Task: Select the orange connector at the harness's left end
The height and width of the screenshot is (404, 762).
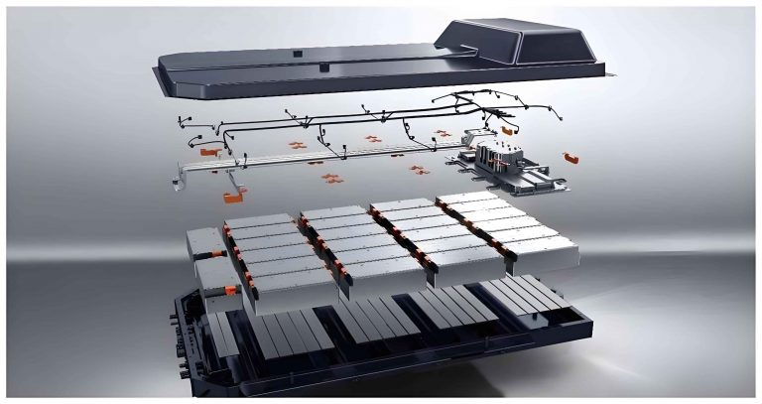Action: [x=208, y=153]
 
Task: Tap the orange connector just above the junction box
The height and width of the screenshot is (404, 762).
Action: [x=506, y=129]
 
